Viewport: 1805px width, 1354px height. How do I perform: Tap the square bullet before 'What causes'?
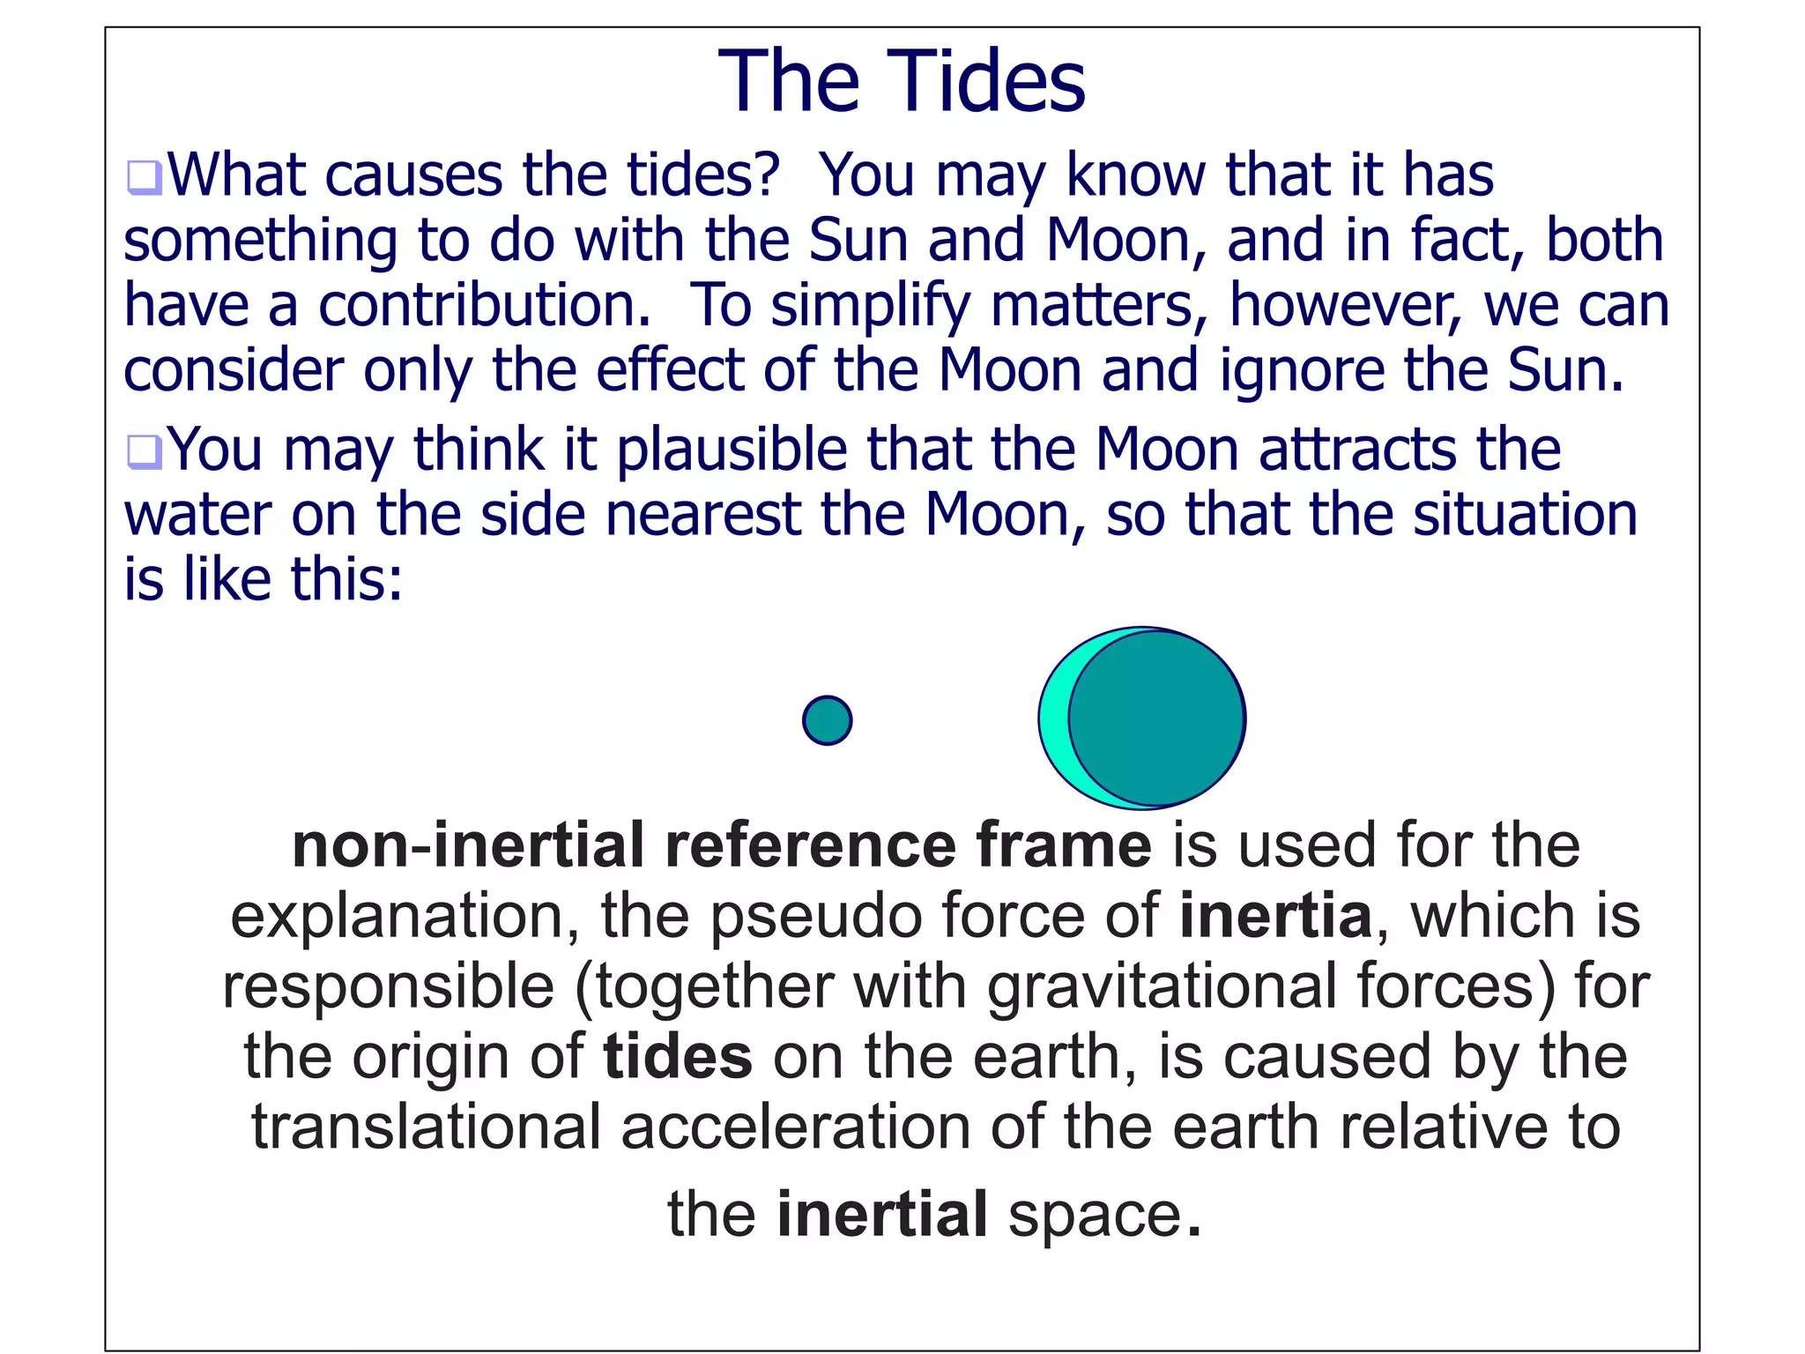[143, 177]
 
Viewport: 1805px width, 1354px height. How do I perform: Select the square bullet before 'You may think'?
[143, 452]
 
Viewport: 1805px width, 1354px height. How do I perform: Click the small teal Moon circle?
[827, 720]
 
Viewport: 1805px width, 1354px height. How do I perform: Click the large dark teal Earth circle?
[1156, 718]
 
